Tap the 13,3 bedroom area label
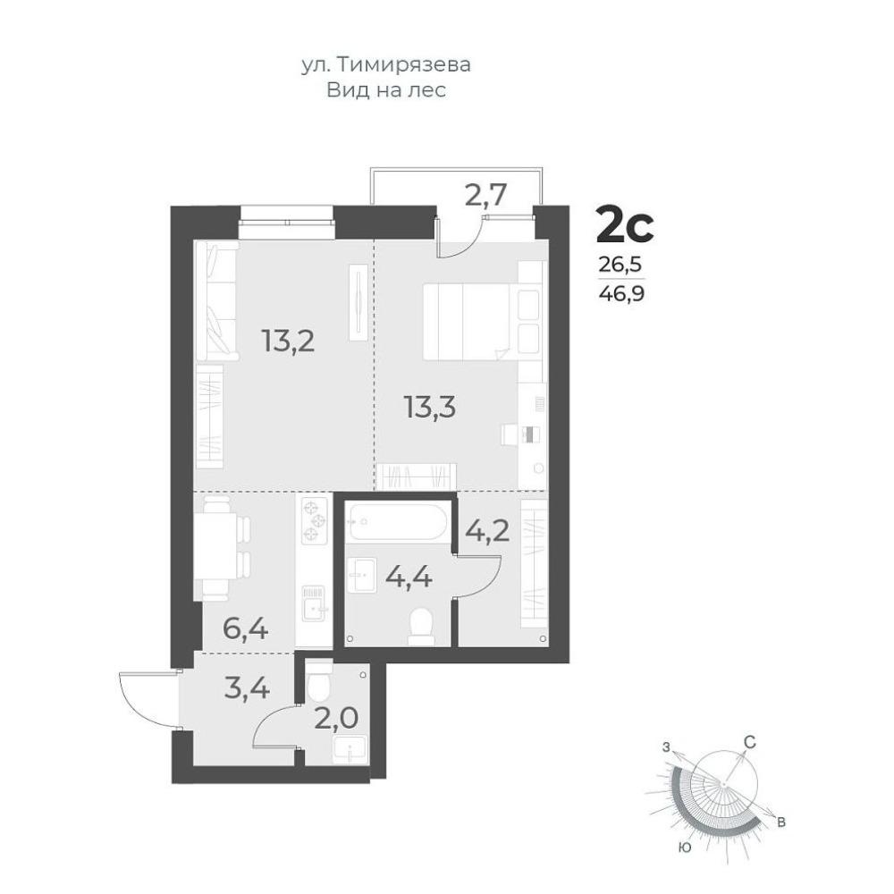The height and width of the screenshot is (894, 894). [430, 407]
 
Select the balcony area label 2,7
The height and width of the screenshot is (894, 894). [485, 196]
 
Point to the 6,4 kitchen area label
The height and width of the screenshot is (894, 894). [246, 629]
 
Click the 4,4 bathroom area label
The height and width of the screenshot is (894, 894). [409, 578]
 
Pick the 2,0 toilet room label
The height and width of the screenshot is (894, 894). [336, 718]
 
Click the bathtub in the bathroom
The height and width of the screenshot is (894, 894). [399, 522]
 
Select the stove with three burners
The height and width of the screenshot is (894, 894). [314, 520]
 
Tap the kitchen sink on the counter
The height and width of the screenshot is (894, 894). [314, 604]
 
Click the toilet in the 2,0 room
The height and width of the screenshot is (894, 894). [319, 681]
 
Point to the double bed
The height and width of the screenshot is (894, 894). [482, 322]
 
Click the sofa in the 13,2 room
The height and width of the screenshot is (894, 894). [216, 301]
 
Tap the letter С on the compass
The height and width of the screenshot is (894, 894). [750, 742]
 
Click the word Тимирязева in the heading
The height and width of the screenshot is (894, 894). [404, 65]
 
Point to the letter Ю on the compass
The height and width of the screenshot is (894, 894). [686, 848]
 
